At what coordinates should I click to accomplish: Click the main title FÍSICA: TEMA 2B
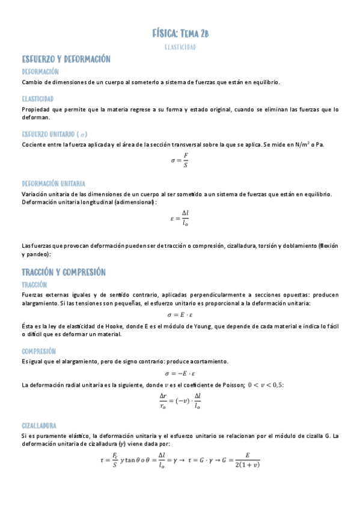(x=180, y=33)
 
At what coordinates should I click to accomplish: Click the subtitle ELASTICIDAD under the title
(x=180, y=46)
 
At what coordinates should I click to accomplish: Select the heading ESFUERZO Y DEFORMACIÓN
(x=66, y=59)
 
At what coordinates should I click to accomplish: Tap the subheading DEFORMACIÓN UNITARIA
(x=53, y=183)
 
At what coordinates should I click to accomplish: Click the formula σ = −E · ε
(x=180, y=373)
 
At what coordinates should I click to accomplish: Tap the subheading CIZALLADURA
(x=39, y=425)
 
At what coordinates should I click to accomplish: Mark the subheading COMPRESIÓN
(x=39, y=351)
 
